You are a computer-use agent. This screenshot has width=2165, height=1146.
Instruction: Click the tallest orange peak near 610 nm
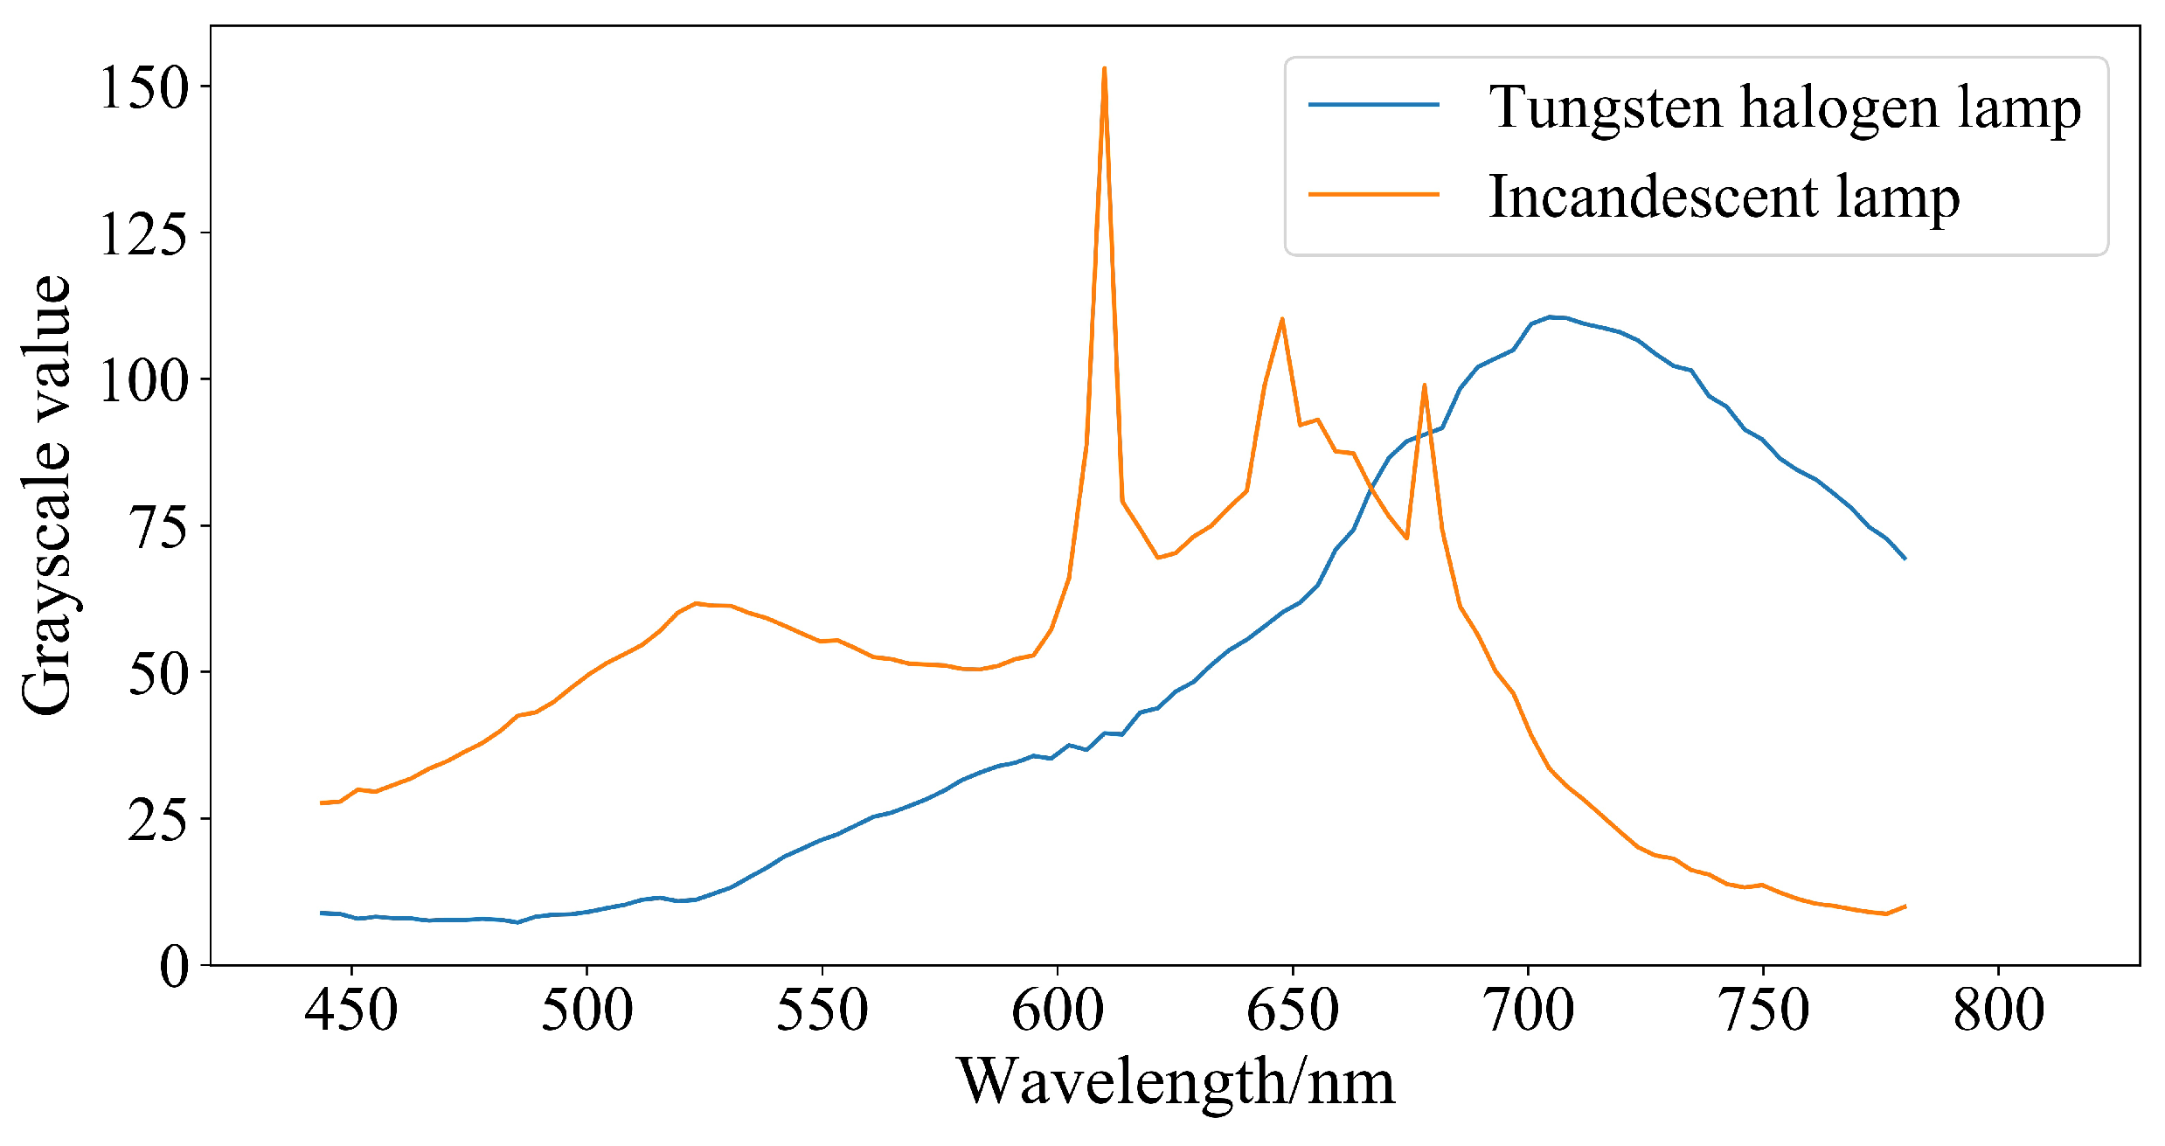click(1104, 68)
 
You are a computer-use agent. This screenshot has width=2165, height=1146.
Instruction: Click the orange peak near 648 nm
click(1281, 319)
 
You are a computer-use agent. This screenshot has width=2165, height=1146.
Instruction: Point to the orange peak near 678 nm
click(1424, 385)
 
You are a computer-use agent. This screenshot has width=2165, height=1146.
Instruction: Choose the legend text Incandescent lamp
click(1724, 197)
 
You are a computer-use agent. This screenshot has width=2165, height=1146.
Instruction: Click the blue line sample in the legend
click(1373, 105)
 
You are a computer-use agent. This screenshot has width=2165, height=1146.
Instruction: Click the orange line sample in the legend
click(1373, 194)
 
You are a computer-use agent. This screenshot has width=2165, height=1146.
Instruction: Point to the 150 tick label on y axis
click(144, 87)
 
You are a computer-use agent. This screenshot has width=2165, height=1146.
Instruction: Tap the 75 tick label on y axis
click(158, 526)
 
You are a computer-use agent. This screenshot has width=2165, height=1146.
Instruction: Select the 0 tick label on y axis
click(174, 966)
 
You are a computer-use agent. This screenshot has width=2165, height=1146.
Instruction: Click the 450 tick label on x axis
click(351, 1011)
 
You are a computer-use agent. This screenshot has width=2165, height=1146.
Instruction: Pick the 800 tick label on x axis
click(1998, 1011)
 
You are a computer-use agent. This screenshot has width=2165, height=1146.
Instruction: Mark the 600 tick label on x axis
click(1058, 1011)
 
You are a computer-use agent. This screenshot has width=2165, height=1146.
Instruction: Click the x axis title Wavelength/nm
click(1176, 1083)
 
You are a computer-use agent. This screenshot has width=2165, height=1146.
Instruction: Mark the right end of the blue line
click(1905, 558)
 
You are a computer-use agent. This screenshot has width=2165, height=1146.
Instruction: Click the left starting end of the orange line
click(322, 802)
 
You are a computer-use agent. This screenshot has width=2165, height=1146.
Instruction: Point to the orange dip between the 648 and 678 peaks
click(1406, 538)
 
